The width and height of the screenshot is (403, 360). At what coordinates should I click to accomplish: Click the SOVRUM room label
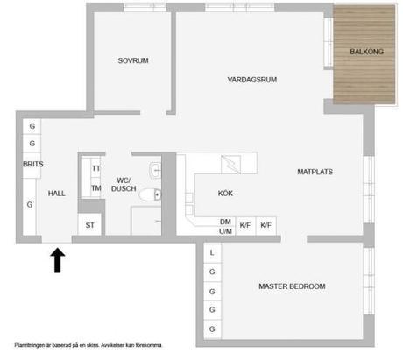pyautogui.click(x=133, y=60)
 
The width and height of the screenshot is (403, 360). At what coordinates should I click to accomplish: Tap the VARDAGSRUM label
pyautogui.click(x=251, y=80)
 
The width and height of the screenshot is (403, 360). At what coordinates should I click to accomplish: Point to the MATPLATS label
pyautogui.click(x=315, y=172)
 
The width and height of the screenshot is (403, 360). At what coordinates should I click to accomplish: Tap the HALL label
pyautogui.click(x=56, y=194)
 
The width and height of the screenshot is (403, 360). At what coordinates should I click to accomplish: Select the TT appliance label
pyautogui.click(x=96, y=169)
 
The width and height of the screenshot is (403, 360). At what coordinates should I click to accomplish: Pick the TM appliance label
pyautogui.click(x=96, y=187)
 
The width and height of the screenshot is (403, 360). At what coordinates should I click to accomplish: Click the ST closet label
pyautogui.click(x=89, y=226)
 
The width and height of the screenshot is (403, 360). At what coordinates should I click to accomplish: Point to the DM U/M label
pyautogui.click(x=225, y=226)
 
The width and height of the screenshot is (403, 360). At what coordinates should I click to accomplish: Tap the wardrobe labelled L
pyautogui.click(x=212, y=253)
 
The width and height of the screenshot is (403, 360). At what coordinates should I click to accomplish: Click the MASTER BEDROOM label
pyautogui.click(x=292, y=286)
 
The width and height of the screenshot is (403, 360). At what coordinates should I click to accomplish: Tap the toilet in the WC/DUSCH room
pyautogui.click(x=156, y=194)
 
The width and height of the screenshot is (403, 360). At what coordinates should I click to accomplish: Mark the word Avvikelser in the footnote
pyautogui.click(x=117, y=345)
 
